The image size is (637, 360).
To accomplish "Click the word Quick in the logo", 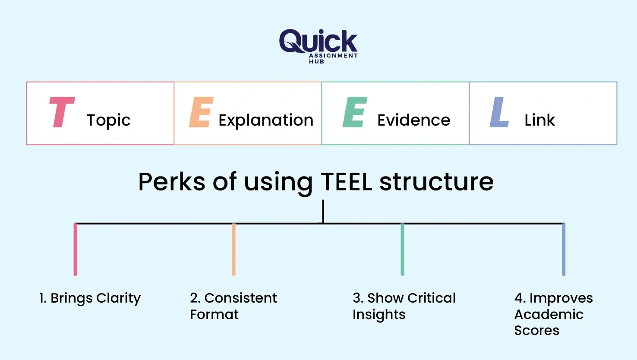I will [x=318, y=41].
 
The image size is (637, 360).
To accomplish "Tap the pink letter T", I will [x=62, y=112].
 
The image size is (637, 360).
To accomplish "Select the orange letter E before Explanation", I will [x=201, y=112].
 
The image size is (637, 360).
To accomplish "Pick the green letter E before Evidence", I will [x=355, y=112].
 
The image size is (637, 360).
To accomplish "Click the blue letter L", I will [x=499, y=112].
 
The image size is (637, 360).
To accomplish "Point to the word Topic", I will [x=108, y=120].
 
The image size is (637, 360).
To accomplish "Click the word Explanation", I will [x=266, y=120].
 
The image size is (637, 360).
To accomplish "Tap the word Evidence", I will [x=413, y=120].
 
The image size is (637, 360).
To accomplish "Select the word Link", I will [x=539, y=120].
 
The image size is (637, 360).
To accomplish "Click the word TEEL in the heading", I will [x=347, y=182].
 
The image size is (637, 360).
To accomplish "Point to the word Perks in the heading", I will [x=171, y=182].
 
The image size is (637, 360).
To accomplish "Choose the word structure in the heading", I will [x=436, y=182].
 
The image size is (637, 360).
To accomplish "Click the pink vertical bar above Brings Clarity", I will [x=76, y=249].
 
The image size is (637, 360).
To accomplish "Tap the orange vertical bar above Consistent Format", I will [x=233, y=249].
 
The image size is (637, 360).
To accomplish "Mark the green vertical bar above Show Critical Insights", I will [x=402, y=249].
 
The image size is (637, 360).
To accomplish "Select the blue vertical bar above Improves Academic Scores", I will [x=563, y=249].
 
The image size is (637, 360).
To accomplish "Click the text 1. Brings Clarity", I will [x=90, y=298].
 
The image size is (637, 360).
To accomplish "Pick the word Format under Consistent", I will [x=214, y=314].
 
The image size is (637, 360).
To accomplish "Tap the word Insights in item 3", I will [x=378, y=315].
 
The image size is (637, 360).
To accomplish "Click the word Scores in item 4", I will [x=536, y=330].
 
